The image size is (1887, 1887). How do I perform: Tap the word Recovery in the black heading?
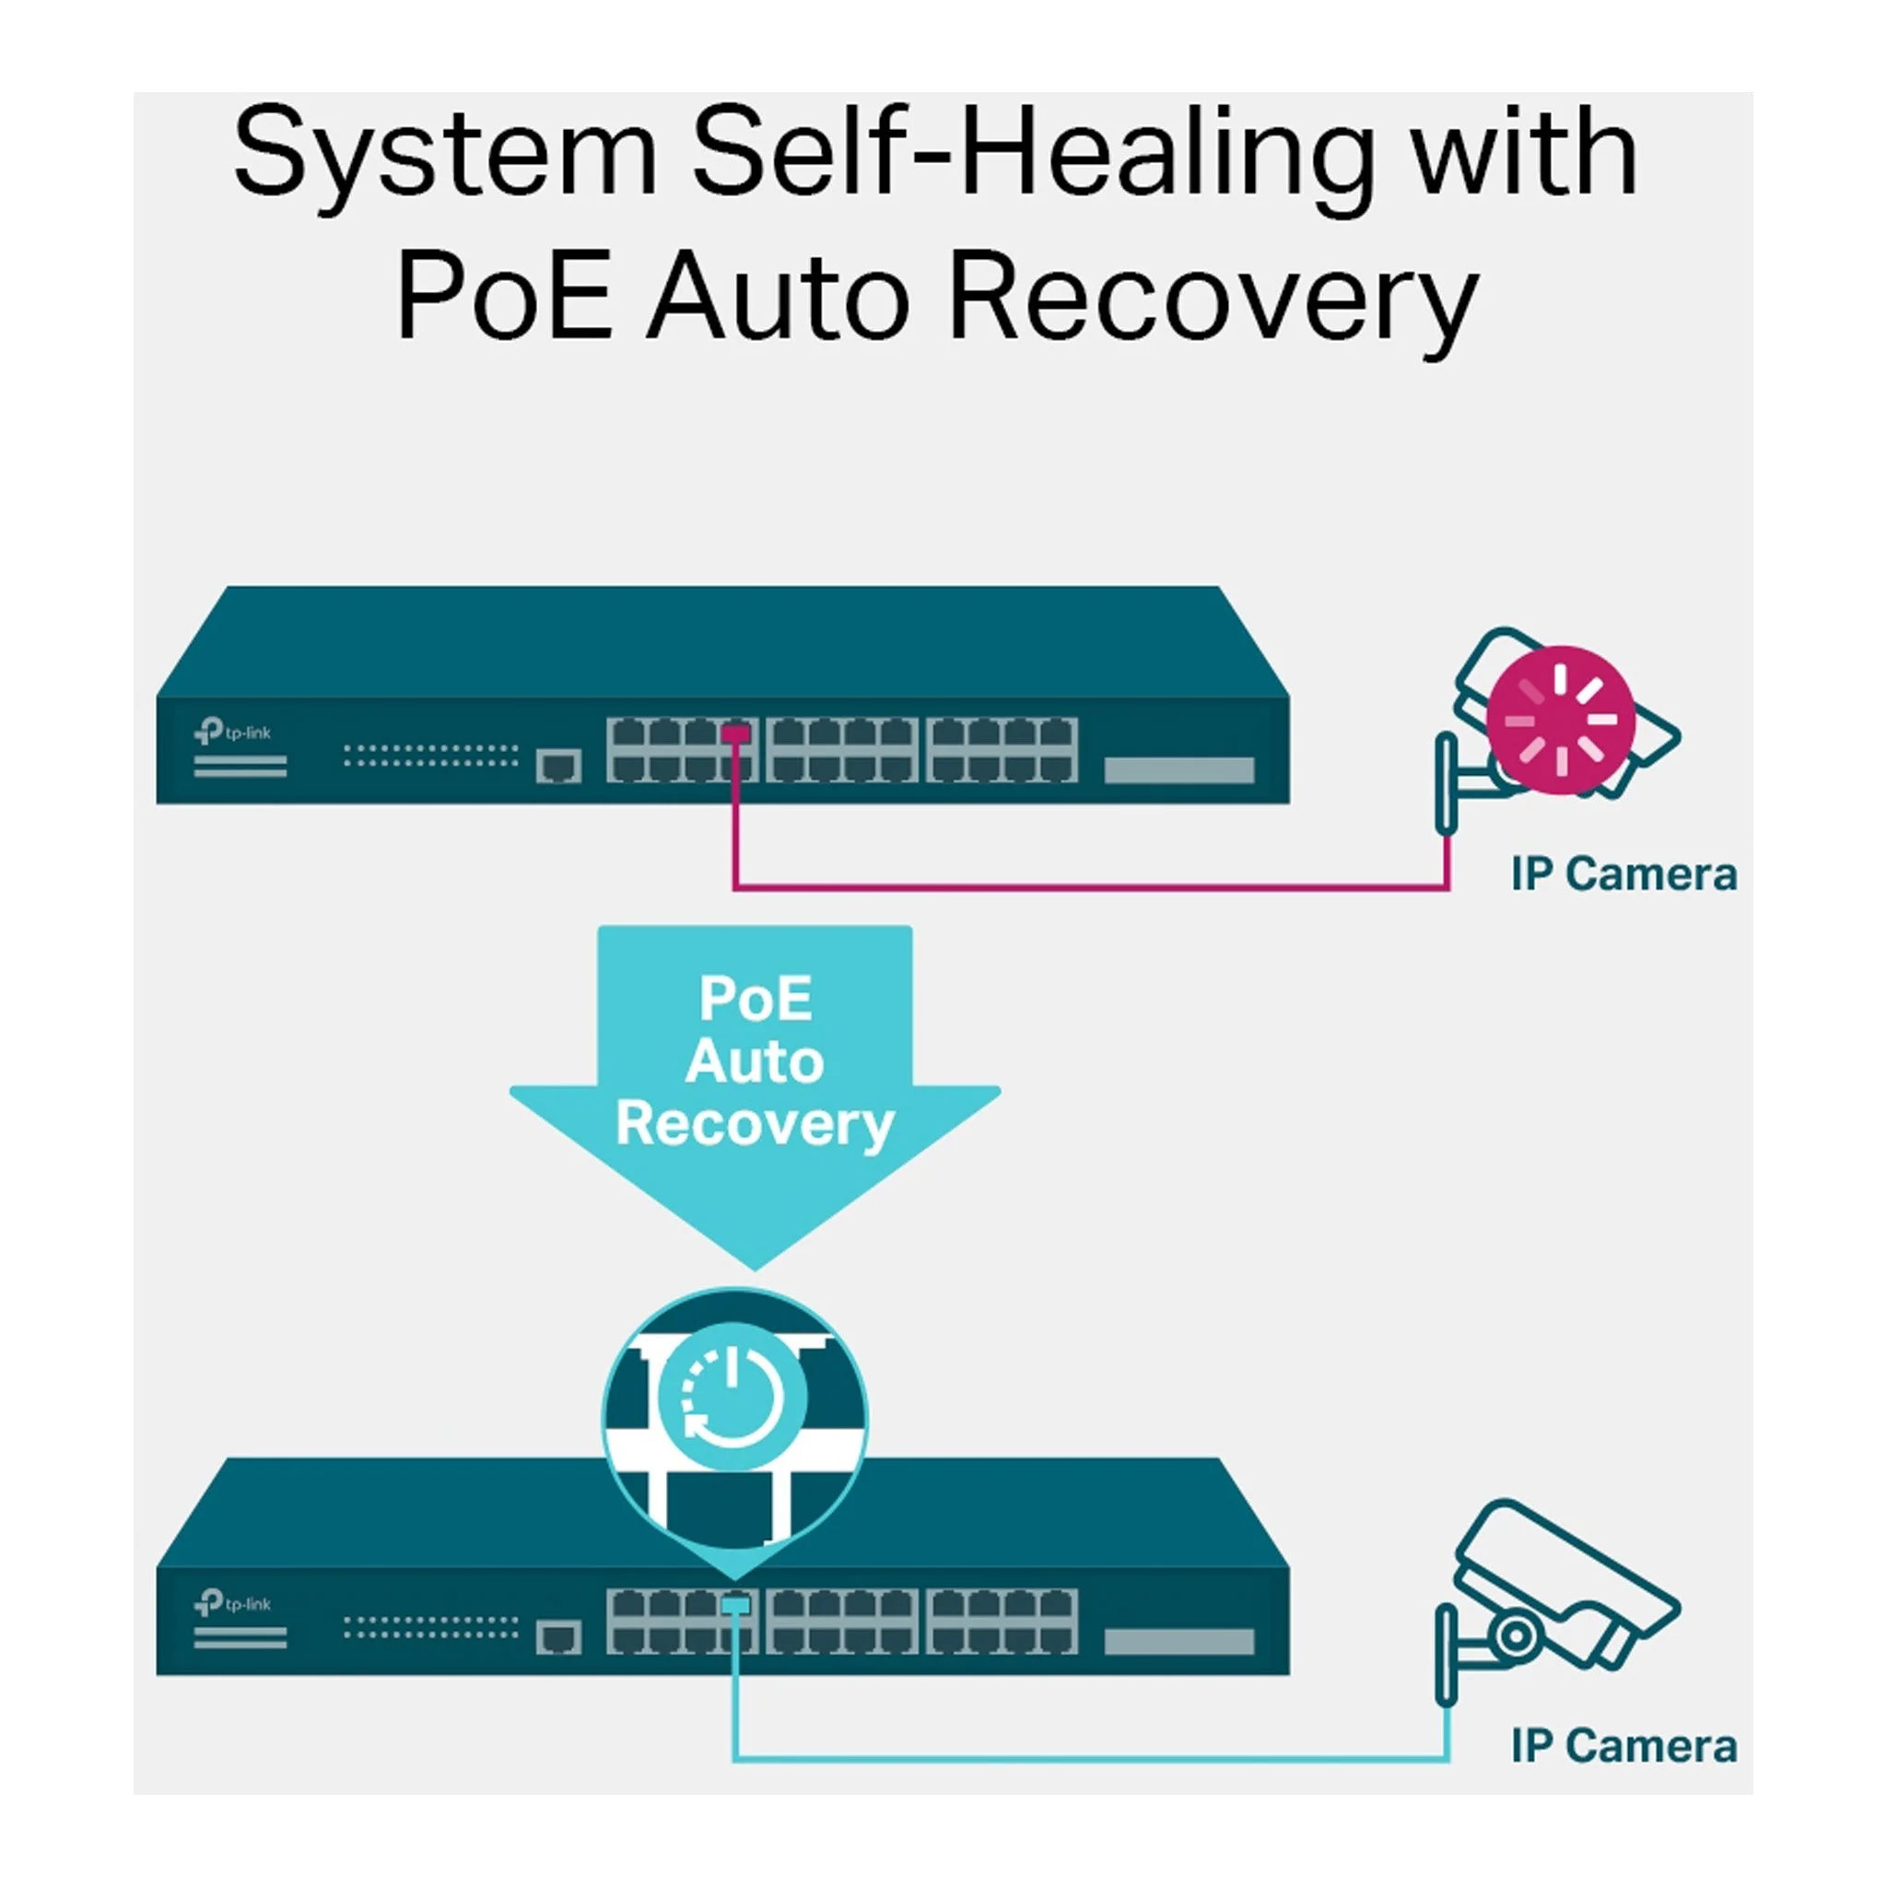pyautogui.click(x=1213, y=297)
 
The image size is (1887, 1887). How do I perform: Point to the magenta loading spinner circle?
pyautogui.click(x=1560, y=720)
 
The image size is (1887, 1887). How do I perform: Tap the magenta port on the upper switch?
pyautogui.click(x=735, y=733)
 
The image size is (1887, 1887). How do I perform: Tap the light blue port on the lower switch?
pyautogui.click(x=735, y=1605)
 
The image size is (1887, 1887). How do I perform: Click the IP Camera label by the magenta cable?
pyautogui.click(x=1623, y=875)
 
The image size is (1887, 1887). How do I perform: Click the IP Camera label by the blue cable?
pyautogui.click(x=1623, y=1746)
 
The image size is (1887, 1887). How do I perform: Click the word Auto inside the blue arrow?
pyautogui.click(x=754, y=1061)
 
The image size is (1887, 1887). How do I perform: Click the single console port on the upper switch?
pyautogui.click(x=557, y=766)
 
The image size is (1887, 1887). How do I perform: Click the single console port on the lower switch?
pyautogui.click(x=557, y=1637)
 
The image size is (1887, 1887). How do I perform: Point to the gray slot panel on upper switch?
pyautogui.click(x=1178, y=770)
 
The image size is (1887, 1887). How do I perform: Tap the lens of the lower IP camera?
pyautogui.click(x=1515, y=1635)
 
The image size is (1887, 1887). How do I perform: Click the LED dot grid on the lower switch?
pyautogui.click(x=430, y=1627)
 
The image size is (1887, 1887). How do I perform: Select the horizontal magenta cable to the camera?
pyautogui.click(x=1090, y=888)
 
